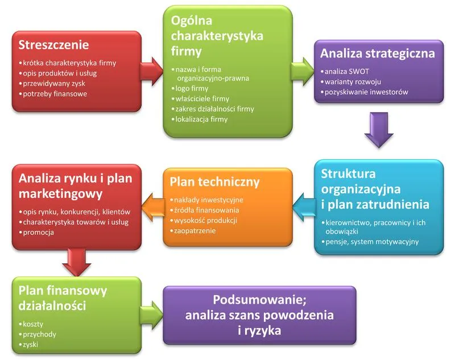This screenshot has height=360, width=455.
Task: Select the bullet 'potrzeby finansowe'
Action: (x=55, y=94)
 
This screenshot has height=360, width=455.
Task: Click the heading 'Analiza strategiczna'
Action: (x=377, y=54)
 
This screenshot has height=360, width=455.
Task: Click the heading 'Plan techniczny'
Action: (x=214, y=182)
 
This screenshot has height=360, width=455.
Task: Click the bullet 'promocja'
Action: (x=39, y=233)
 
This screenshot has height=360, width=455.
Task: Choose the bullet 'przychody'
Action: (x=40, y=334)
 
